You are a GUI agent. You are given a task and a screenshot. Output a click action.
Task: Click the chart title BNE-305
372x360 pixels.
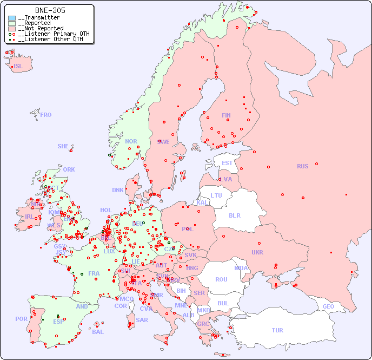pos(50,10)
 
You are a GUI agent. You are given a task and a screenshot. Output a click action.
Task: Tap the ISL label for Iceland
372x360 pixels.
pos(18,67)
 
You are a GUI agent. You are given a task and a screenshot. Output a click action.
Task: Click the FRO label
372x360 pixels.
pos(46,115)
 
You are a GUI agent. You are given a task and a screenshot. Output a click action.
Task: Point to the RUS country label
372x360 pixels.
pos(302,166)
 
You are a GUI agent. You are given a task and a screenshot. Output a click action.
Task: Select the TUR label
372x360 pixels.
pos(277,330)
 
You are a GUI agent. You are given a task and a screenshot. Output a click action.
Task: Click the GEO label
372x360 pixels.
pos(328,306)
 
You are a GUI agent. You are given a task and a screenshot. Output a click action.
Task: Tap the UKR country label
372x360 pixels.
pos(257,252)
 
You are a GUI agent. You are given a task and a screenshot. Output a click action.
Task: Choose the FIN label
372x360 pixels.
pos(226,115)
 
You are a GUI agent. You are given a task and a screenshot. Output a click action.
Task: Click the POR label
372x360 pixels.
pos(21,319)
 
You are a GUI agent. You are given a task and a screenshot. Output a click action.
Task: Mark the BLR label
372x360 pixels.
pos(235,215)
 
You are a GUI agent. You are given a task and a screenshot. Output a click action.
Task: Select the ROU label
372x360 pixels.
pos(221,279)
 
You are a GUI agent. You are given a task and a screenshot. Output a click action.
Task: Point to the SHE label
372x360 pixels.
pos(63,146)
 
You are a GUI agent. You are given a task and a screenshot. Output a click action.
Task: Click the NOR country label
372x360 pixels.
pos(131,141)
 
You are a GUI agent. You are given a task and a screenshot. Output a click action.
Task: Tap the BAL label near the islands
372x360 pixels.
pos(98,332)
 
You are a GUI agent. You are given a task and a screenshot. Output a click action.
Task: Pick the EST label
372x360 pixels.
pos(227,163)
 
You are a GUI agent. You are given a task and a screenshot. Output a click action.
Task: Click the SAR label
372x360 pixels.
pos(142,320)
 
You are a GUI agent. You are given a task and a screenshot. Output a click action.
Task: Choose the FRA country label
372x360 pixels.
pos(94,273)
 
